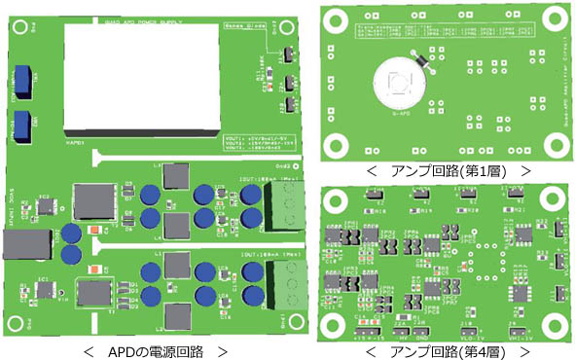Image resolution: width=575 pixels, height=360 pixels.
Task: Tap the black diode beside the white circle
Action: (x=421, y=58)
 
